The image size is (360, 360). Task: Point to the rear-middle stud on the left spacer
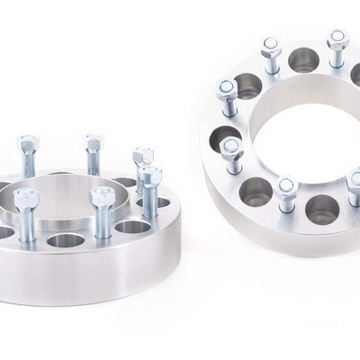point(93,154)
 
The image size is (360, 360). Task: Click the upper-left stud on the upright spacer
point(271,54)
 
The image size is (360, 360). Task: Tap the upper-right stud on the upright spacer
point(337,47)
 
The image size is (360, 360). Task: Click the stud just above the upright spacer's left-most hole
point(227,98)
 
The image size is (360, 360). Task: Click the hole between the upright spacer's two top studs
point(303,61)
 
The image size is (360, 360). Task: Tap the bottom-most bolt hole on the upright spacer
point(322,210)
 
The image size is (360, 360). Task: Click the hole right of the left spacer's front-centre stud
point(132,227)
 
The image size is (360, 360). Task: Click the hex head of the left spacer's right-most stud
point(151,173)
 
